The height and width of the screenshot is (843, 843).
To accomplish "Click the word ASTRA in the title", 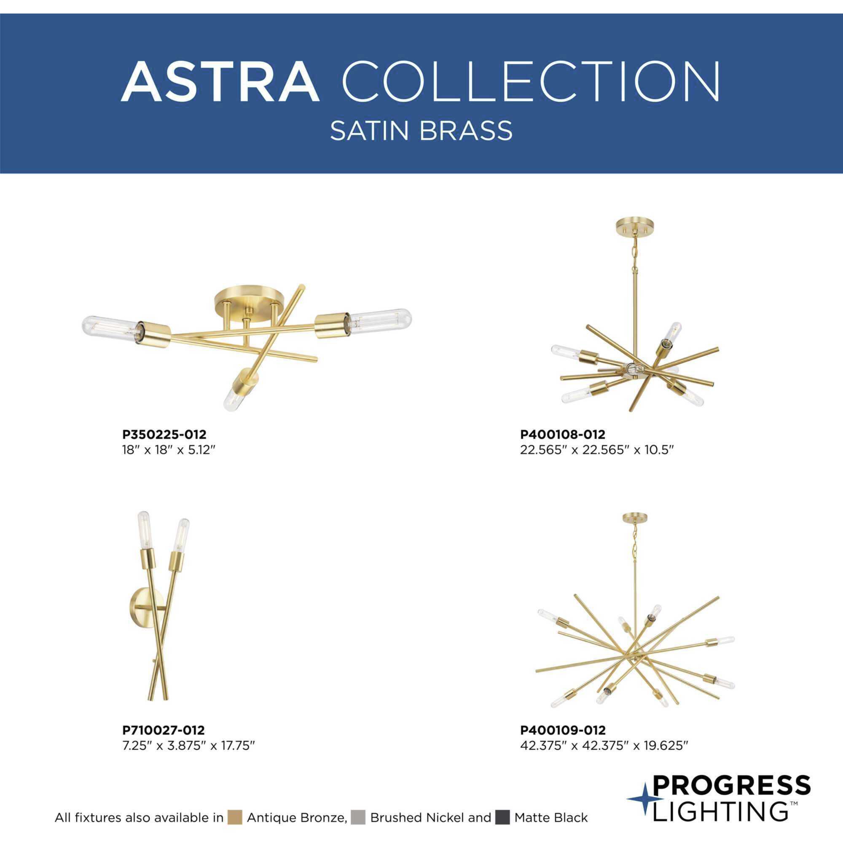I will (x=220, y=82).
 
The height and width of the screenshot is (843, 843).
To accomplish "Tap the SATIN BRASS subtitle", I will (x=421, y=131).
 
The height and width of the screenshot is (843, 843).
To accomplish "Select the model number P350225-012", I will (x=164, y=435).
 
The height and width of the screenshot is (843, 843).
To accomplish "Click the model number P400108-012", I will (x=562, y=435).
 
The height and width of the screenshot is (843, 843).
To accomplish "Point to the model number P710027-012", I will (x=163, y=730).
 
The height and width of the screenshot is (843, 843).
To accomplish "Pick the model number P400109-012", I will (x=563, y=730).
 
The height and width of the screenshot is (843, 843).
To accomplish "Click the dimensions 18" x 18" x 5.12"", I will (x=169, y=450).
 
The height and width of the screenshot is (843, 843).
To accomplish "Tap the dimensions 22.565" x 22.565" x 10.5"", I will (x=597, y=450).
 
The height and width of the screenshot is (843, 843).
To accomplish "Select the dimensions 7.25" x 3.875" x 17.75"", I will (x=188, y=746).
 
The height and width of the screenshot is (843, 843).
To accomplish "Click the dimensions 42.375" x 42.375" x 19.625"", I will (x=604, y=746).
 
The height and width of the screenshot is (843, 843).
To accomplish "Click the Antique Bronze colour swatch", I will (x=235, y=817).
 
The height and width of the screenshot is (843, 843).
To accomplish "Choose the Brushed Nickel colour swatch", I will (x=358, y=817).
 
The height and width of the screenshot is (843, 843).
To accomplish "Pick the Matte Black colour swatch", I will (x=503, y=817).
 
